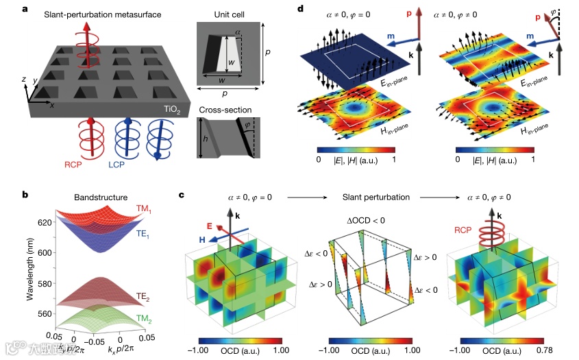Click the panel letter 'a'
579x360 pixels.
(25, 9)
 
